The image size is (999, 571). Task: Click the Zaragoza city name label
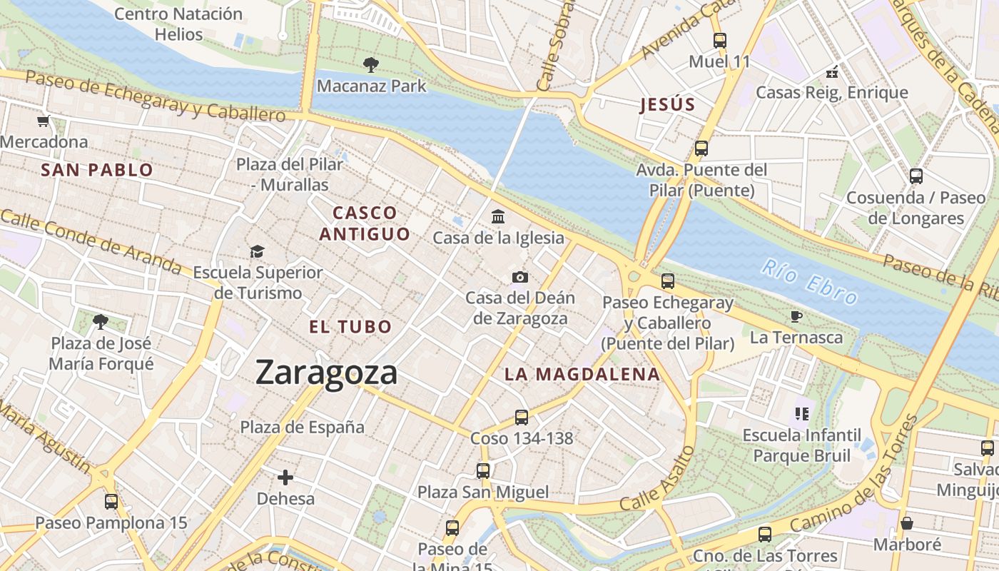pos(326,373)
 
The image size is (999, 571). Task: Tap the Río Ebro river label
pos(808,283)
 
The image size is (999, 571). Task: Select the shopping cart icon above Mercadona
pos(44,121)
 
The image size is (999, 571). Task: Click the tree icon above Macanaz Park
pos(370,65)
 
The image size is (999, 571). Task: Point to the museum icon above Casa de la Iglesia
pos(498,216)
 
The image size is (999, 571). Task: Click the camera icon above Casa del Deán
pos(520,277)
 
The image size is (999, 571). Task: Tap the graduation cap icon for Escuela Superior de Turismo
pos(257,251)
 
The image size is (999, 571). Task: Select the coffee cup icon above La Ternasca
pos(796,316)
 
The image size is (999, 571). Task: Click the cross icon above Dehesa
pos(285,477)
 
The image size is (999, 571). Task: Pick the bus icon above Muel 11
pos(719,41)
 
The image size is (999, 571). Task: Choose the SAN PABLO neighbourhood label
pos(97,170)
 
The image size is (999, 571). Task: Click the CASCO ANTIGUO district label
pos(365,223)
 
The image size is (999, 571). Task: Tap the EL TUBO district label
pos(350,327)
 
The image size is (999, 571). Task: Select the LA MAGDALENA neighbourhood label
pos(582,374)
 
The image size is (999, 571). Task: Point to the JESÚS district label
pos(667,105)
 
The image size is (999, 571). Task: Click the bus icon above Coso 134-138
pos(522,417)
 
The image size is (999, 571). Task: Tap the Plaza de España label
pos(302,428)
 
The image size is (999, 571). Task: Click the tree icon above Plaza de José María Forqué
pos(101,322)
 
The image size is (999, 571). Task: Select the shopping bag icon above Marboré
pos(906,523)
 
